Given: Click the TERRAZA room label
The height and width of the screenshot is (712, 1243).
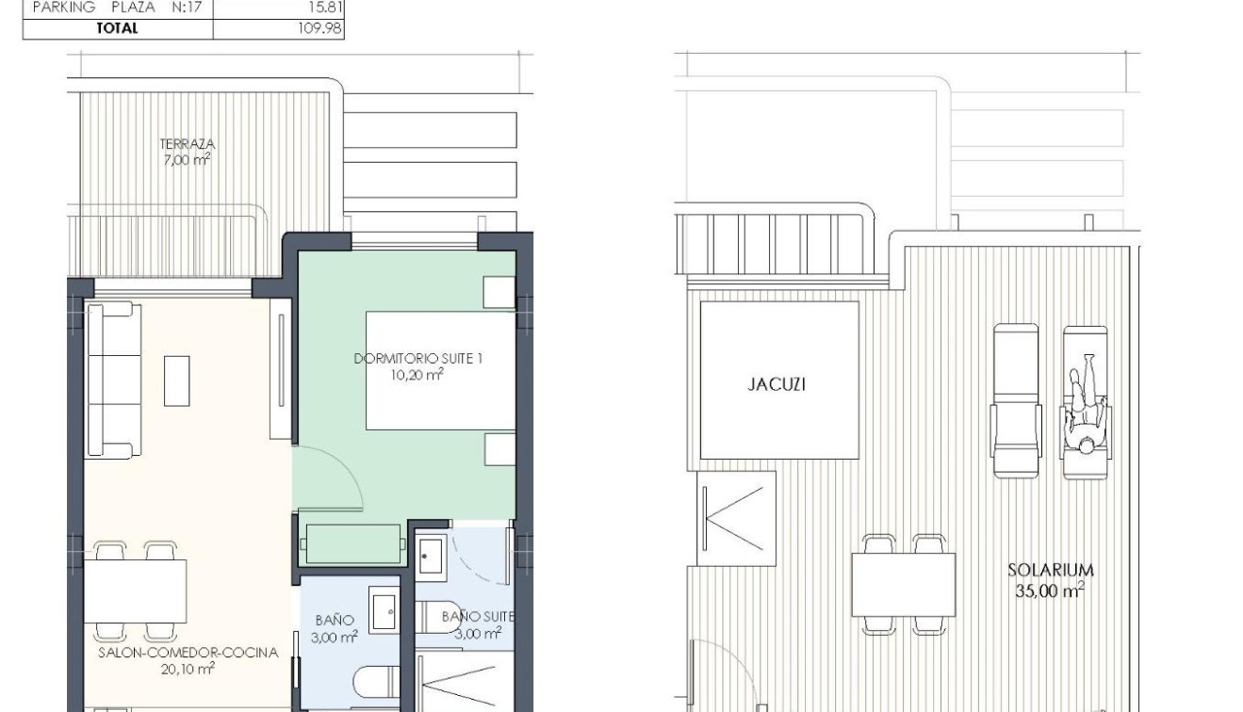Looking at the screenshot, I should coord(188,144).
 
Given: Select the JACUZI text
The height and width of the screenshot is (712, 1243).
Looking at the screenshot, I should coord(777,384).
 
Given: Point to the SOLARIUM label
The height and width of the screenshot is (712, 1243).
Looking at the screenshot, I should coord(1050,570).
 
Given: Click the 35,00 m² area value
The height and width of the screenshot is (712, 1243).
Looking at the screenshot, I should coord(1049,591).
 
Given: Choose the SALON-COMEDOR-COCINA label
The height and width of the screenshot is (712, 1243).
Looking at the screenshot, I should coord(188,653).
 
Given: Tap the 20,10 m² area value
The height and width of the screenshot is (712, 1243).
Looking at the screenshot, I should coord(188,669).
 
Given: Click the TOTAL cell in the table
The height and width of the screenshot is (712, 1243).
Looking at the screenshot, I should coord(117,28).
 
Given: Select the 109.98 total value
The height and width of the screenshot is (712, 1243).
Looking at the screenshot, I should coord(319,28).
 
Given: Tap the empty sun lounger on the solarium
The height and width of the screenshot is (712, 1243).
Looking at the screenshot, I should coord(1015,400).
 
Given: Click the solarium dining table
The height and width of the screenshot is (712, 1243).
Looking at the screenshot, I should coord(903,584).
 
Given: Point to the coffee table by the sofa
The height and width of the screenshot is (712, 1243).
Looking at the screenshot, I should coord(176,380).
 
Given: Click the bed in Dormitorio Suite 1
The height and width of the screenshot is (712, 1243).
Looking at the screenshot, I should coord(440,371).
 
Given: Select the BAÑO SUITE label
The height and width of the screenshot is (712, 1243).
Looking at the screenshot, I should coord(478,617).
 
